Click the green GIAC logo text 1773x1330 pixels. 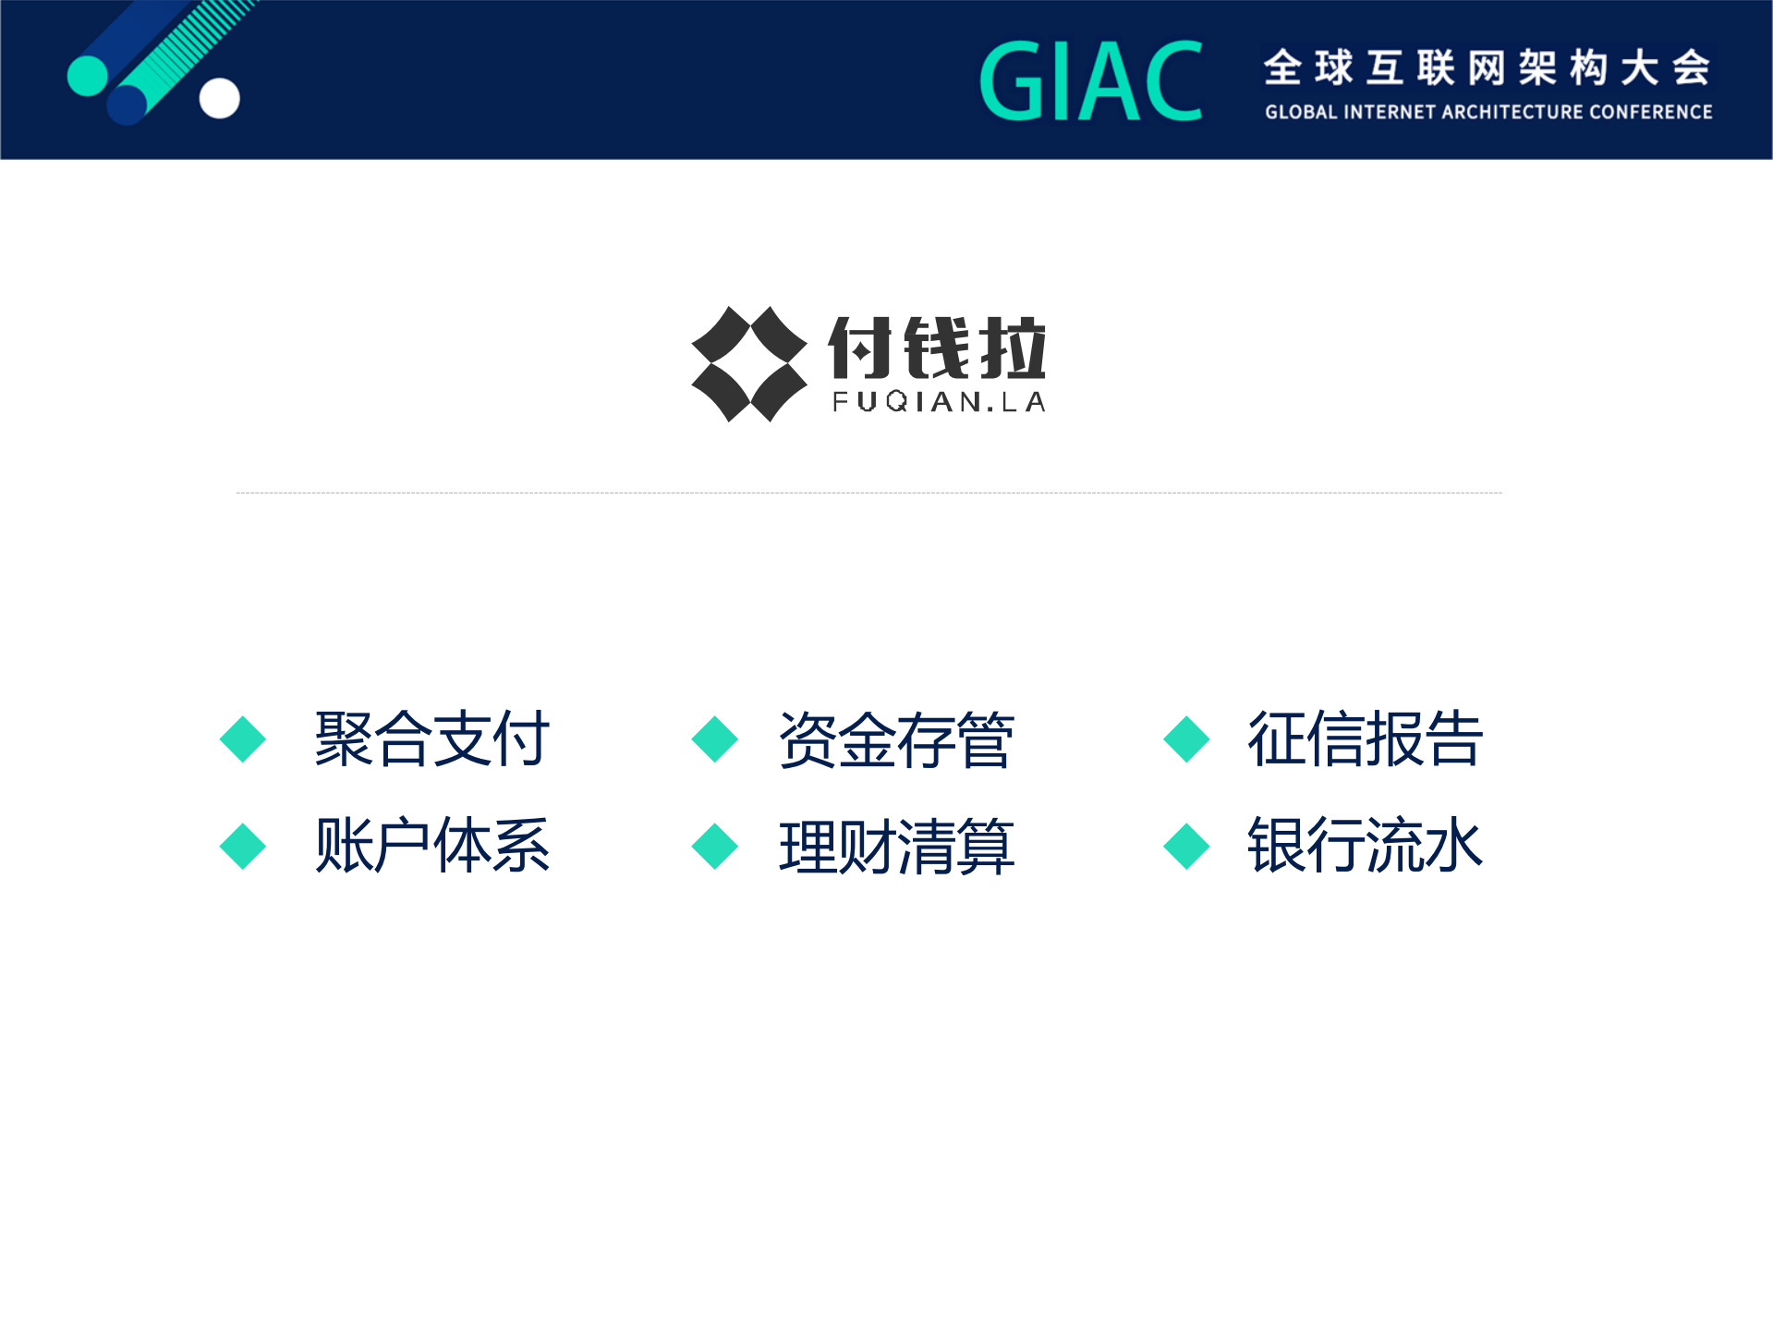1090,81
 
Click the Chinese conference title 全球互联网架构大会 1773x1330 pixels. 1487,67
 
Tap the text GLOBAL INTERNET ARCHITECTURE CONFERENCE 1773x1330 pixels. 1488,112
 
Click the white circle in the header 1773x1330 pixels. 220,98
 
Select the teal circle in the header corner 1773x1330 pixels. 88,76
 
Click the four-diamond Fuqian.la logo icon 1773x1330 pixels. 749,364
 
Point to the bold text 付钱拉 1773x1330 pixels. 937,348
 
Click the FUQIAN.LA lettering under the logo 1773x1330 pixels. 939,402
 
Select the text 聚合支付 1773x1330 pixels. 431,738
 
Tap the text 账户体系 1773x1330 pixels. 431,845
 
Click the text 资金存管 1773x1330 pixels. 895,739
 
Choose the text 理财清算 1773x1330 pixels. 895,846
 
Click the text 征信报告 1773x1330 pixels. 1365,738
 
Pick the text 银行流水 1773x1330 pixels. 1365,845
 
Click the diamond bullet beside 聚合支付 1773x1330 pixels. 243,739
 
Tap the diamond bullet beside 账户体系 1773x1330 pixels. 243,846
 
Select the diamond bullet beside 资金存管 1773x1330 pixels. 714,739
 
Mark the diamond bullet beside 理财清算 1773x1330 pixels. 714,846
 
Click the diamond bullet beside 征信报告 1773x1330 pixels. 1186,739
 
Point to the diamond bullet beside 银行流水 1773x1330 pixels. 1186,846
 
